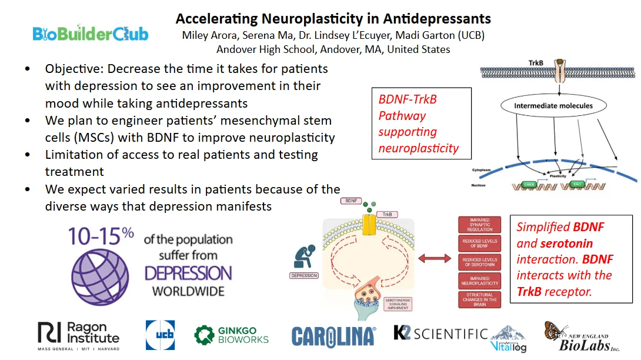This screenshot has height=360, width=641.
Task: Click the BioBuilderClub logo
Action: point(90,34)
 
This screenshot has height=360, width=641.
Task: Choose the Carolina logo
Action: point(333,336)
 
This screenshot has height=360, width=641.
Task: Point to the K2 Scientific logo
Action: point(440,334)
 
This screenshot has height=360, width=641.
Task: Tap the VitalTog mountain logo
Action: point(509,339)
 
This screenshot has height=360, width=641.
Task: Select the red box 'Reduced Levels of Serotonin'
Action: point(480,262)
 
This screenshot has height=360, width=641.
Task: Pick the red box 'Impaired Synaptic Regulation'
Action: point(480,225)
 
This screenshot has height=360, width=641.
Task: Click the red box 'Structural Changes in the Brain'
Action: point(480,299)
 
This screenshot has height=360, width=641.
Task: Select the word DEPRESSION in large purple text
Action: point(188,274)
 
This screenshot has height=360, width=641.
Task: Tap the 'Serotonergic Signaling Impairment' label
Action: point(399,304)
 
